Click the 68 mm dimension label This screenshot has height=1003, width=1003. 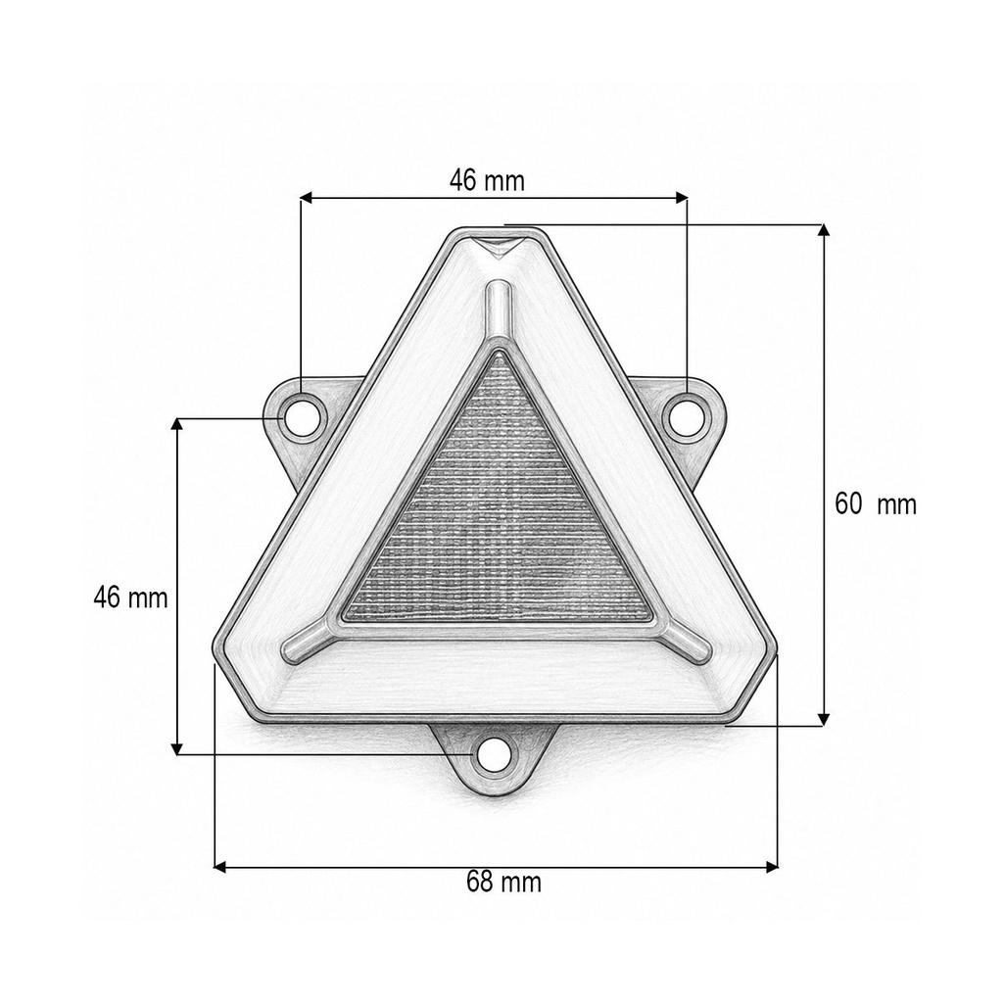[x=504, y=883]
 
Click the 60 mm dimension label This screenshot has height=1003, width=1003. [x=875, y=504]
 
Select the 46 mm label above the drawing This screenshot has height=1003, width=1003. [x=487, y=180]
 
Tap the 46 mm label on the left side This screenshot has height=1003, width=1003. [x=130, y=598]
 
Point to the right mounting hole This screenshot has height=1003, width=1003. [x=687, y=417]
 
